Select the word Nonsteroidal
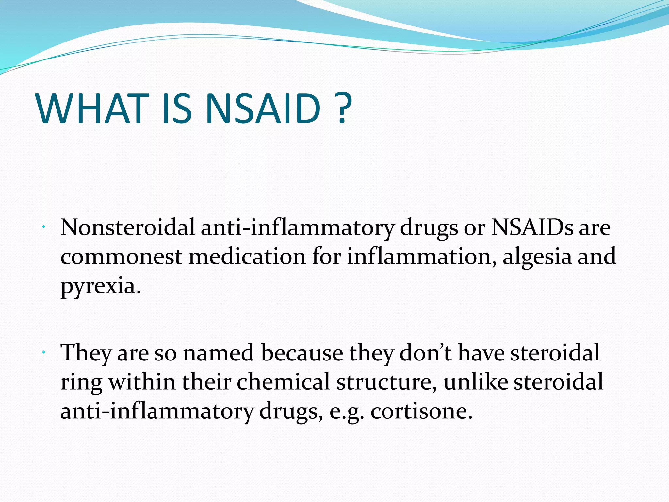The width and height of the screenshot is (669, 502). pyautogui.click(x=127, y=227)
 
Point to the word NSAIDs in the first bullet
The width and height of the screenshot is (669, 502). pyautogui.click(x=532, y=227)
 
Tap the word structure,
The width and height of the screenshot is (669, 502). pyautogui.click(x=387, y=382)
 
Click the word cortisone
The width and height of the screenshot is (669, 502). pyautogui.click(x=421, y=411)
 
